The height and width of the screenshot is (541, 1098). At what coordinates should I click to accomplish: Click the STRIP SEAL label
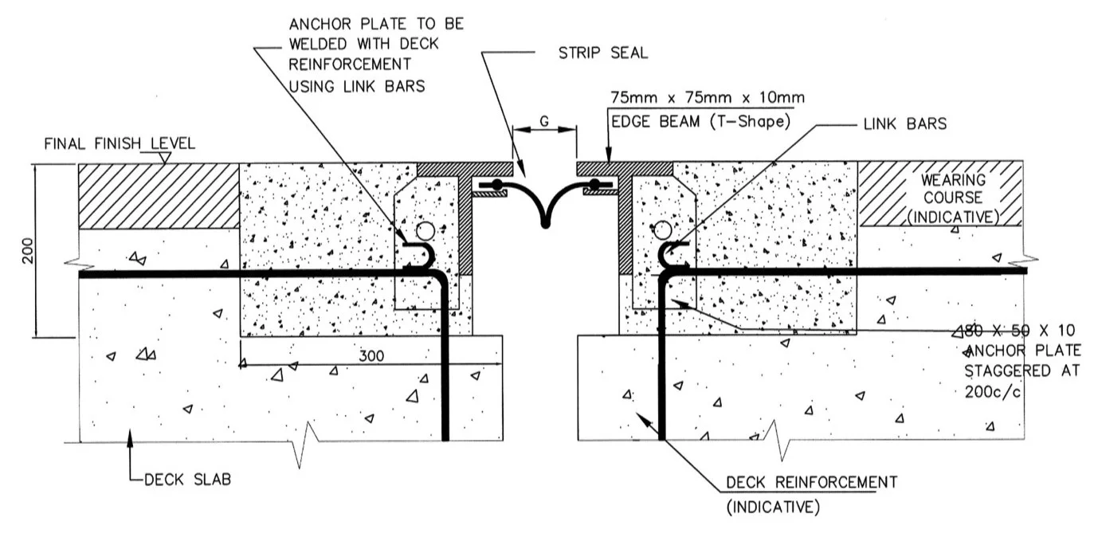pyautogui.click(x=603, y=53)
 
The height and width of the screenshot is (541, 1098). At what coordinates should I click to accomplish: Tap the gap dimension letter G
pyautogui.click(x=544, y=122)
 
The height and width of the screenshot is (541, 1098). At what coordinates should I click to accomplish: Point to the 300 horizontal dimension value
pyautogui.click(x=370, y=355)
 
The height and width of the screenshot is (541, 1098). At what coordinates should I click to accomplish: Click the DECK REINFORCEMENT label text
pyautogui.click(x=811, y=482)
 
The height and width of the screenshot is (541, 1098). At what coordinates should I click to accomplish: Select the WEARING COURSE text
pyautogui.click(x=953, y=189)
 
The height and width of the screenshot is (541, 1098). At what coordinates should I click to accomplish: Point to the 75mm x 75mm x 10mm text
pyautogui.click(x=707, y=98)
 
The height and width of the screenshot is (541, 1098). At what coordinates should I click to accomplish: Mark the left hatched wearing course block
pyautogui.click(x=159, y=196)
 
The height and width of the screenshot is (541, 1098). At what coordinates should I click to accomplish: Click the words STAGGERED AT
pyautogui.click(x=1022, y=370)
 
